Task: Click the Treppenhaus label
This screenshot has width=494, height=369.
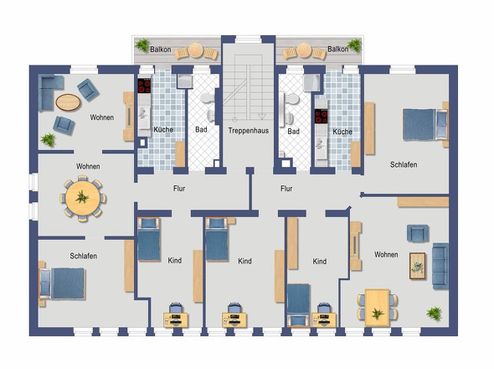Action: tap(249, 130)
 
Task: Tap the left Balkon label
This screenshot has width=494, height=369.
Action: tap(161, 49)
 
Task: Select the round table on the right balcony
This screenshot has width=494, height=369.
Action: tap(304, 50)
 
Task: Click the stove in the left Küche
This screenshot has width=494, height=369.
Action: tap(144, 86)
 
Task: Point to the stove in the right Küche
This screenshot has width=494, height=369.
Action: tap(322, 117)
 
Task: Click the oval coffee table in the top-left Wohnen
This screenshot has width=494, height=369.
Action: tap(68, 102)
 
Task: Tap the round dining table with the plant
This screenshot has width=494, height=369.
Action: tap(83, 198)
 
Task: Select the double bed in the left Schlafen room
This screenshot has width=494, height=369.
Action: tap(62, 283)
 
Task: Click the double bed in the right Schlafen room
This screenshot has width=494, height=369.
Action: tap(425, 124)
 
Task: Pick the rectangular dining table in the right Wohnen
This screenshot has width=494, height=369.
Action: tap(377, 308)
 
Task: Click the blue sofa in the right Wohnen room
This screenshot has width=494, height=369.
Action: tap(440, 266)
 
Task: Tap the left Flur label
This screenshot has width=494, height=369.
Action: tap(179, 189)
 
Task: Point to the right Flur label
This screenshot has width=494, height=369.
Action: tap(286, 189)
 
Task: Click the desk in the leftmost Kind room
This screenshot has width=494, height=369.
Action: tap(176, 320)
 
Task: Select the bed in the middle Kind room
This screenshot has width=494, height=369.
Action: tap(217, 240)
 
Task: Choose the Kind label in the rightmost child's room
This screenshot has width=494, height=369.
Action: tap(320, 262)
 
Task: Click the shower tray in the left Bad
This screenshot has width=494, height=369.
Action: tap(184, 81)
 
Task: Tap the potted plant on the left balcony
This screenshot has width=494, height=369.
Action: tap(142, 45)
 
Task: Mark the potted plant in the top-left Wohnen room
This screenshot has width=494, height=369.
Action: tap(49, 139)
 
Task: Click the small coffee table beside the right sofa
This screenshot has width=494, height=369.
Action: tap(418, 266)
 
